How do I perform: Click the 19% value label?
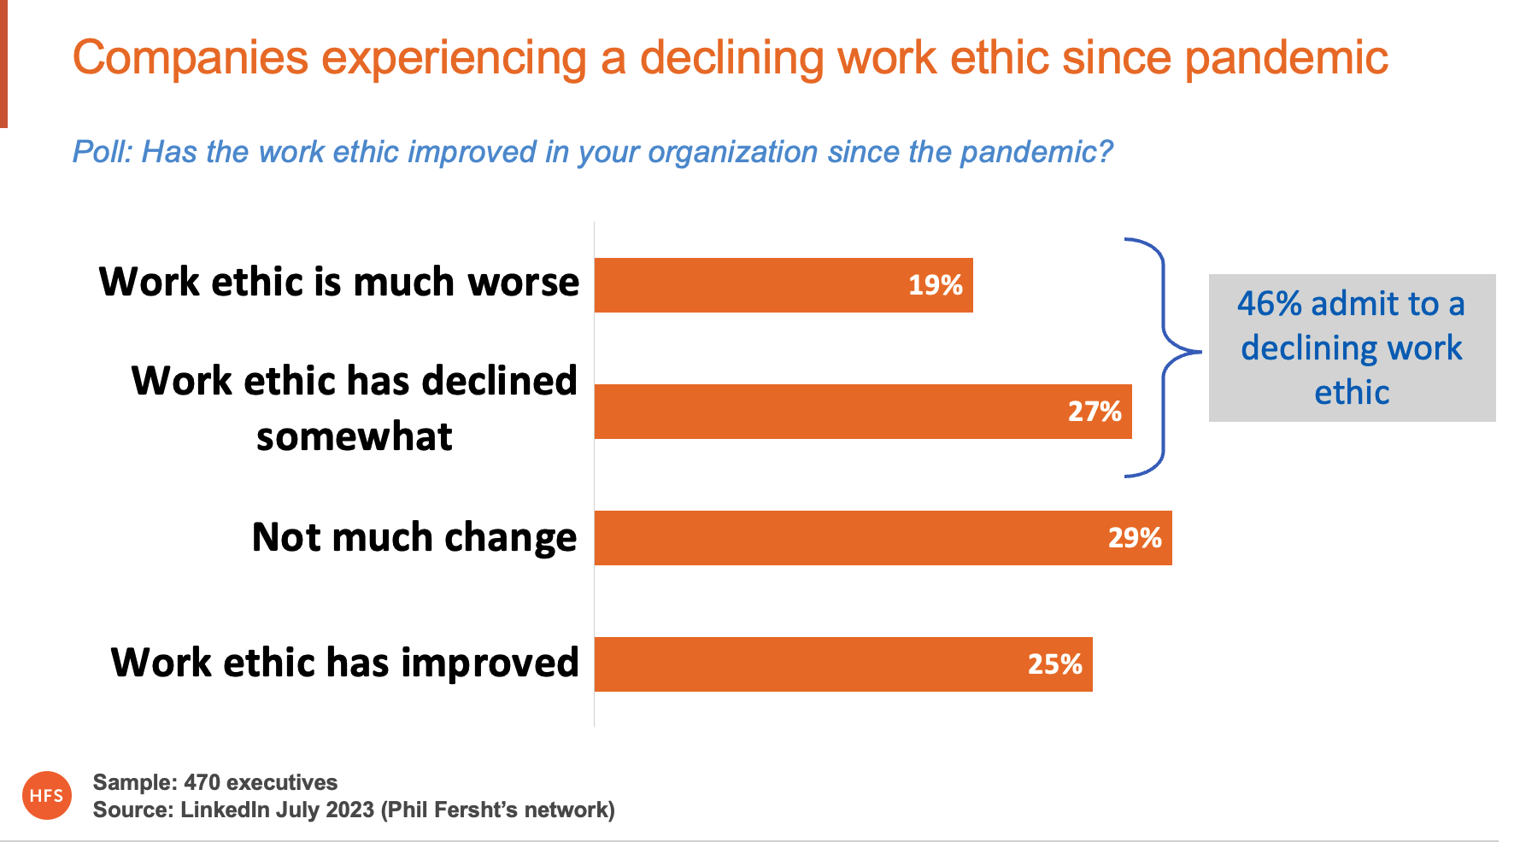(935, 285)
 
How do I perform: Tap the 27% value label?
(1094, 412)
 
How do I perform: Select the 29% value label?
(1134, 538)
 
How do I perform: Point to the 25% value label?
(1054, 664)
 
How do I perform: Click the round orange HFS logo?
(47, 795)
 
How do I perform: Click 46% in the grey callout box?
(1269, 304)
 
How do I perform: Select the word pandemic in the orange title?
(1286, 59)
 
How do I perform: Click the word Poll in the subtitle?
(100, 152)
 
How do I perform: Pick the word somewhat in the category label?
(354, 437)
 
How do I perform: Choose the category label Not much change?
(414, 538)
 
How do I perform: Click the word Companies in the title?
(190, 59)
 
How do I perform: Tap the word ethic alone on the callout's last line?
(1352, 393)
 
